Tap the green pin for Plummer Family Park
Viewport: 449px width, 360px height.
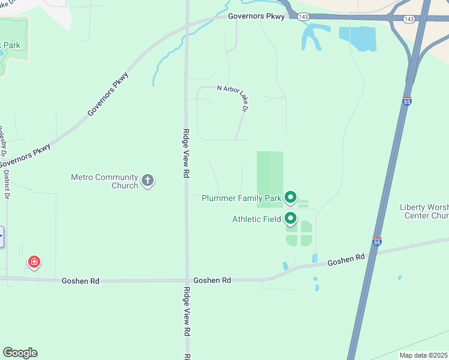point(291,196)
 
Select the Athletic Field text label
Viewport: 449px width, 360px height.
point(256,219)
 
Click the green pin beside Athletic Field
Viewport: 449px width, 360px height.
point(291,218)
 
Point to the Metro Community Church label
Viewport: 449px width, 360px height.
point(104,181)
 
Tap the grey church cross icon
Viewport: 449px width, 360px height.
point(148,180)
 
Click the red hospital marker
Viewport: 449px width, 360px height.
point(34,262)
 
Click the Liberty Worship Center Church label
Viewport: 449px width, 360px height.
point(424,211)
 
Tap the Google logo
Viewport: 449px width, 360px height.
point(20,353)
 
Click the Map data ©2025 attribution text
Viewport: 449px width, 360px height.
point(424,355)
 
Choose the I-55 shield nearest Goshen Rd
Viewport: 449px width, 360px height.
point(376,241)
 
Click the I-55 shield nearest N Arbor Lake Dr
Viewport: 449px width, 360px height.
point(407,102)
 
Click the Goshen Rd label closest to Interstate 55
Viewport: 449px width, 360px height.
point(346,260)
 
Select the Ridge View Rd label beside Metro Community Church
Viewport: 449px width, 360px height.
point(186,153)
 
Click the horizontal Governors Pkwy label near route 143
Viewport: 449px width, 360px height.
point(256,16)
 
